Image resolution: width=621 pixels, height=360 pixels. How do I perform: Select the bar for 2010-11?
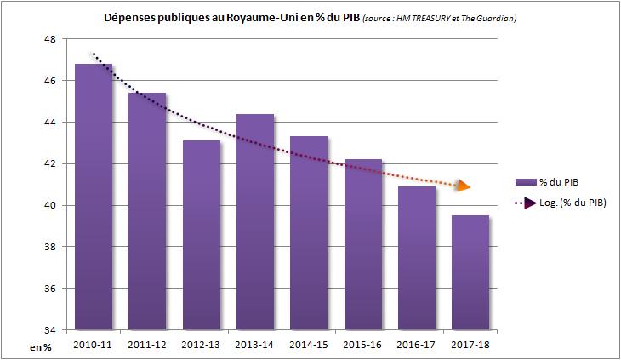tap(94, 196)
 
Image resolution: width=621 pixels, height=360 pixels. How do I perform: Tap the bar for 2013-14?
tap(255, 221)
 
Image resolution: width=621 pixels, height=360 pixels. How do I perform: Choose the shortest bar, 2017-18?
tap(470, 272)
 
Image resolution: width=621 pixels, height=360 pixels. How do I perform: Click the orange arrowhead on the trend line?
tap(464, 185)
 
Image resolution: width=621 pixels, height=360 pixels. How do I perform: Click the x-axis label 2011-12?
tap(147, 345)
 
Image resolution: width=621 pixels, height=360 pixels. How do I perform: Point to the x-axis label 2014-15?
tap(309, 345)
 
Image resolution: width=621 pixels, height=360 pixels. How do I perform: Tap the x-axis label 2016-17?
tap(417, 345)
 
